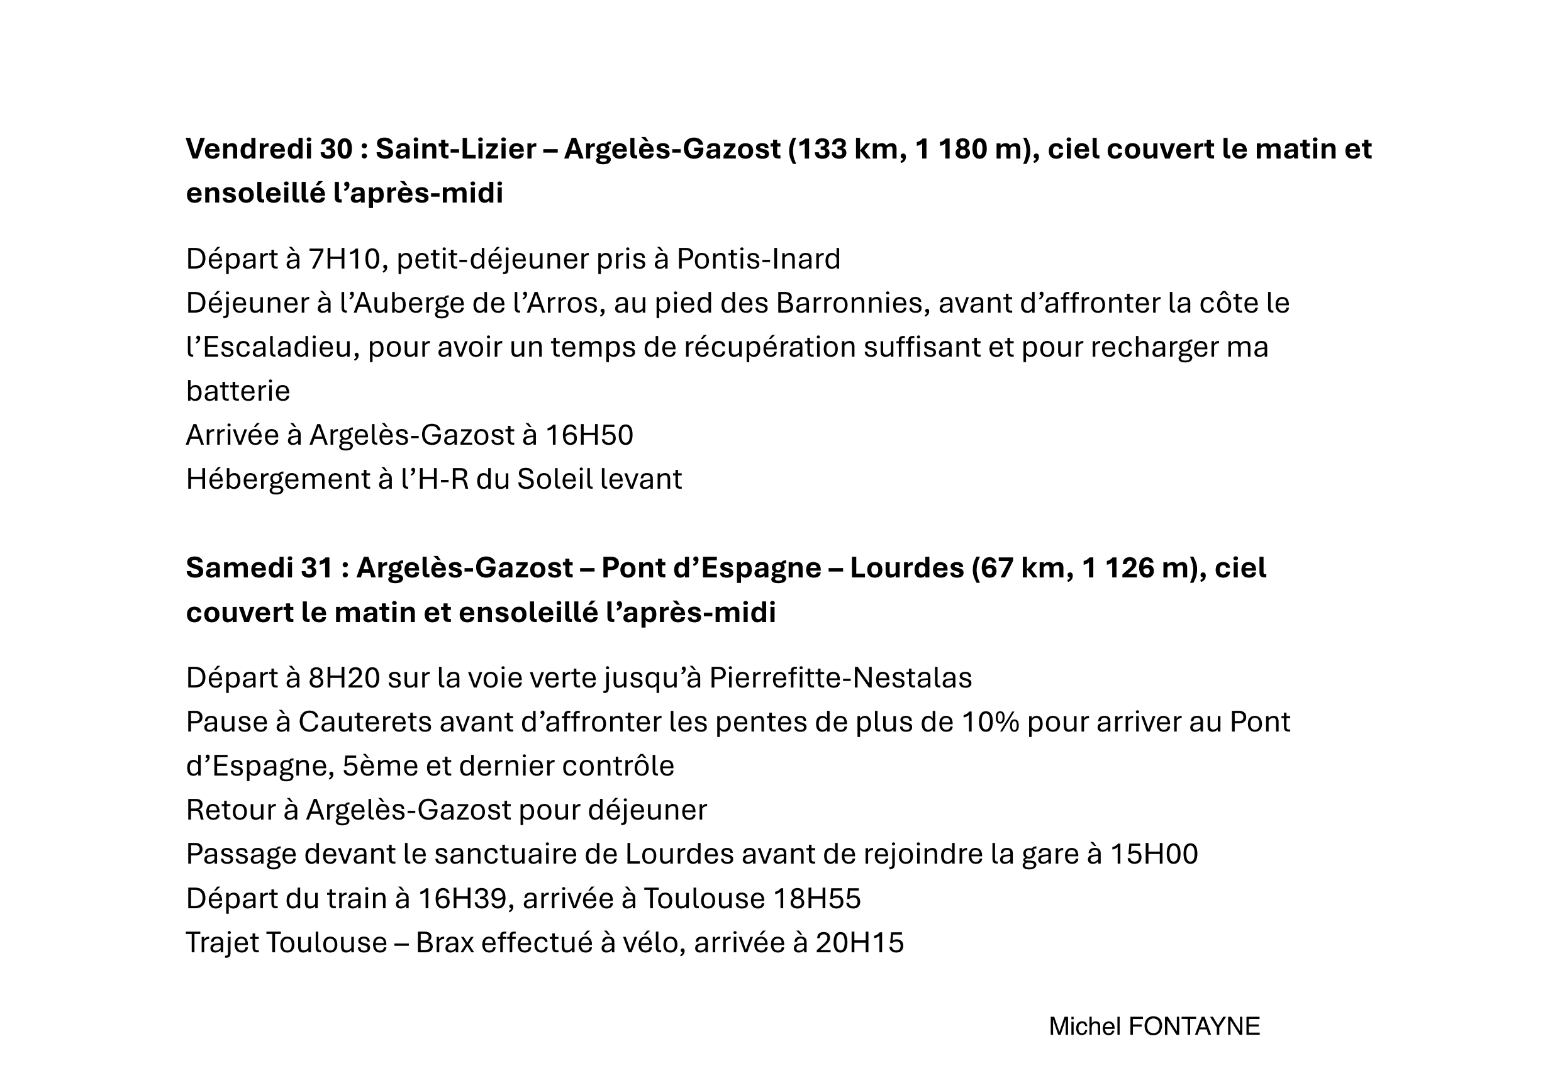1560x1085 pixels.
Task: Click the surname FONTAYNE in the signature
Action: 1194,1027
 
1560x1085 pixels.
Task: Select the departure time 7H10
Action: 344,259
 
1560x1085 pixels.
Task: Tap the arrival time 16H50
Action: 589,435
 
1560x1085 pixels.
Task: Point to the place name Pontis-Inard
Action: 758,259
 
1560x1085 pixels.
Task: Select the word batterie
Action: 238,391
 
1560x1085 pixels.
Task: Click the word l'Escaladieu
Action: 272,347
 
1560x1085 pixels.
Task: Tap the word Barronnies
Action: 852,303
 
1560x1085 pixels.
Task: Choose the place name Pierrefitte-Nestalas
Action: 840,678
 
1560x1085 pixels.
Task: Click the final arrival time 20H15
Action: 859,943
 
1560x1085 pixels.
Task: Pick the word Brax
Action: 444,943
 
